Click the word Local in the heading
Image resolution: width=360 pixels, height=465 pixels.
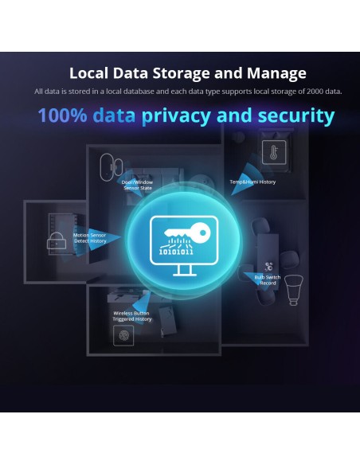90,73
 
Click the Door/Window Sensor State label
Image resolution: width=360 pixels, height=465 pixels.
137,185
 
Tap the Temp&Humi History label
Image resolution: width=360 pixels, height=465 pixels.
252,182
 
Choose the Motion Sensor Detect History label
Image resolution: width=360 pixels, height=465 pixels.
90,238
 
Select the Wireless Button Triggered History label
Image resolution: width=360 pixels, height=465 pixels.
132,316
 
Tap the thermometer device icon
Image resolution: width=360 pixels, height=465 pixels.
274,153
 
